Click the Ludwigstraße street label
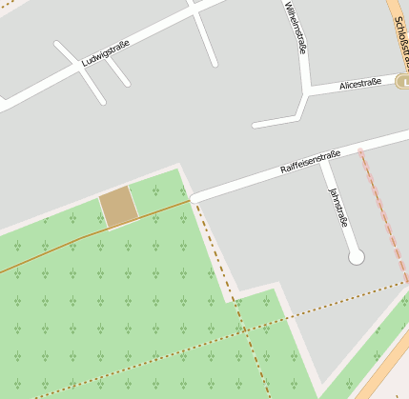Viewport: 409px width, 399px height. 105,53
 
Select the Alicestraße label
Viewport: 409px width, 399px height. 360,84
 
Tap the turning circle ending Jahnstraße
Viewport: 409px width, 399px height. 357,256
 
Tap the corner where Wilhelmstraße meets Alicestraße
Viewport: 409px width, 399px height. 305,93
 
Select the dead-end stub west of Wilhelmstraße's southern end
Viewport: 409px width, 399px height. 256,124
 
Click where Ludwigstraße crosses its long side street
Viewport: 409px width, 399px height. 79,64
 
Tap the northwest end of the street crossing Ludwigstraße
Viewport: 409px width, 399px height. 58,44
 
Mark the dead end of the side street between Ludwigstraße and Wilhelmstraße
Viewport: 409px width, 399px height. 214,63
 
